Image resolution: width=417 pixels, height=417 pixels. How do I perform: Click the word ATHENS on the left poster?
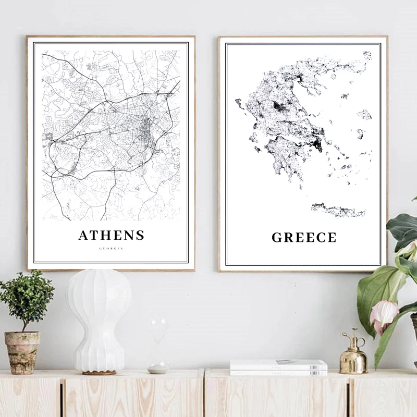111,235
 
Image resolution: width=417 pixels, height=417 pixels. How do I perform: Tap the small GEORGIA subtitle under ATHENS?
111,249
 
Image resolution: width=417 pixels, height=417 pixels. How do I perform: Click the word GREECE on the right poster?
304,238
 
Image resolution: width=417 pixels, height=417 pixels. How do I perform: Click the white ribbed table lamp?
99,318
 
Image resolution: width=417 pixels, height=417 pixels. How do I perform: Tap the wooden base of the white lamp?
99,372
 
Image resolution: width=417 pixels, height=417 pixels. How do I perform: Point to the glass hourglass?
158,347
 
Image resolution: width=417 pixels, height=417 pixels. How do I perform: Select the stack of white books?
278,367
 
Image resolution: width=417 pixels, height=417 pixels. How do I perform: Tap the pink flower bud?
383,315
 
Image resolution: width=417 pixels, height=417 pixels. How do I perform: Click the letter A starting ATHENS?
83,235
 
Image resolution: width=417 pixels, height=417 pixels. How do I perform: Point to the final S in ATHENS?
139,235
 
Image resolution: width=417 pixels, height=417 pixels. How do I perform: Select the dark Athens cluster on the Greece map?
316,144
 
